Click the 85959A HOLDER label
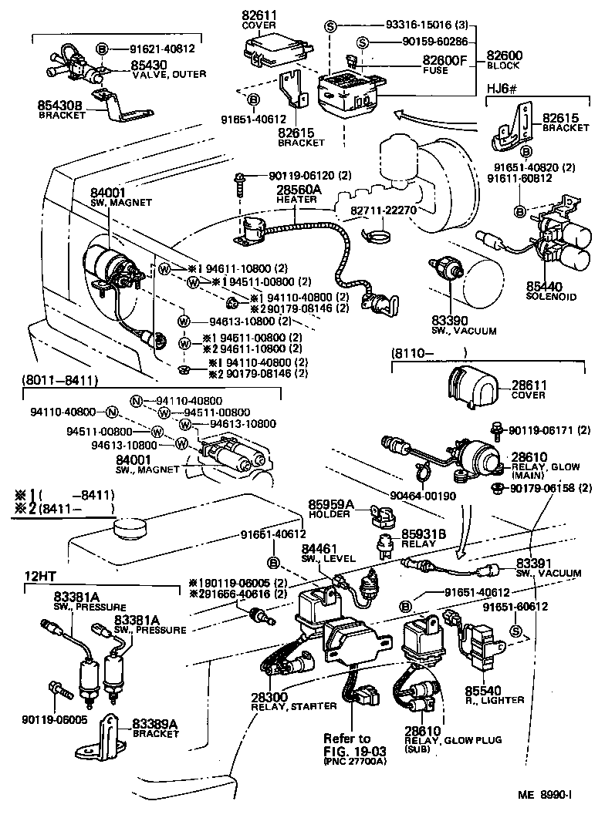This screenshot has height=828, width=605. click(331, 510)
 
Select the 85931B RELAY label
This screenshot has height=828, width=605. click(421, 537)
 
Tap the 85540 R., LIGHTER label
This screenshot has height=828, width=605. click(494, 694)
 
